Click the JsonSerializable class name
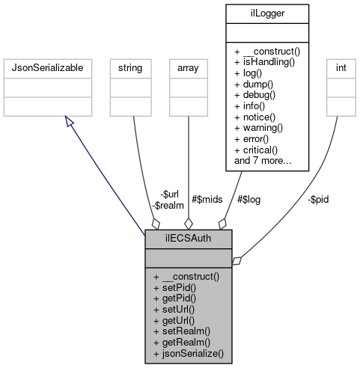click(49, 68)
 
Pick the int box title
click(341, 68)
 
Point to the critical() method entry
click(257, 149)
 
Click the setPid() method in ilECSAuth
click(177, 287)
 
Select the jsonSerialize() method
click(189, 351)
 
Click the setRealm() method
click(182, 330)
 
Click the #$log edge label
click(248, 199)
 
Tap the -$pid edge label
click(318, 199)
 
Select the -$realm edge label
click(167, 204)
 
